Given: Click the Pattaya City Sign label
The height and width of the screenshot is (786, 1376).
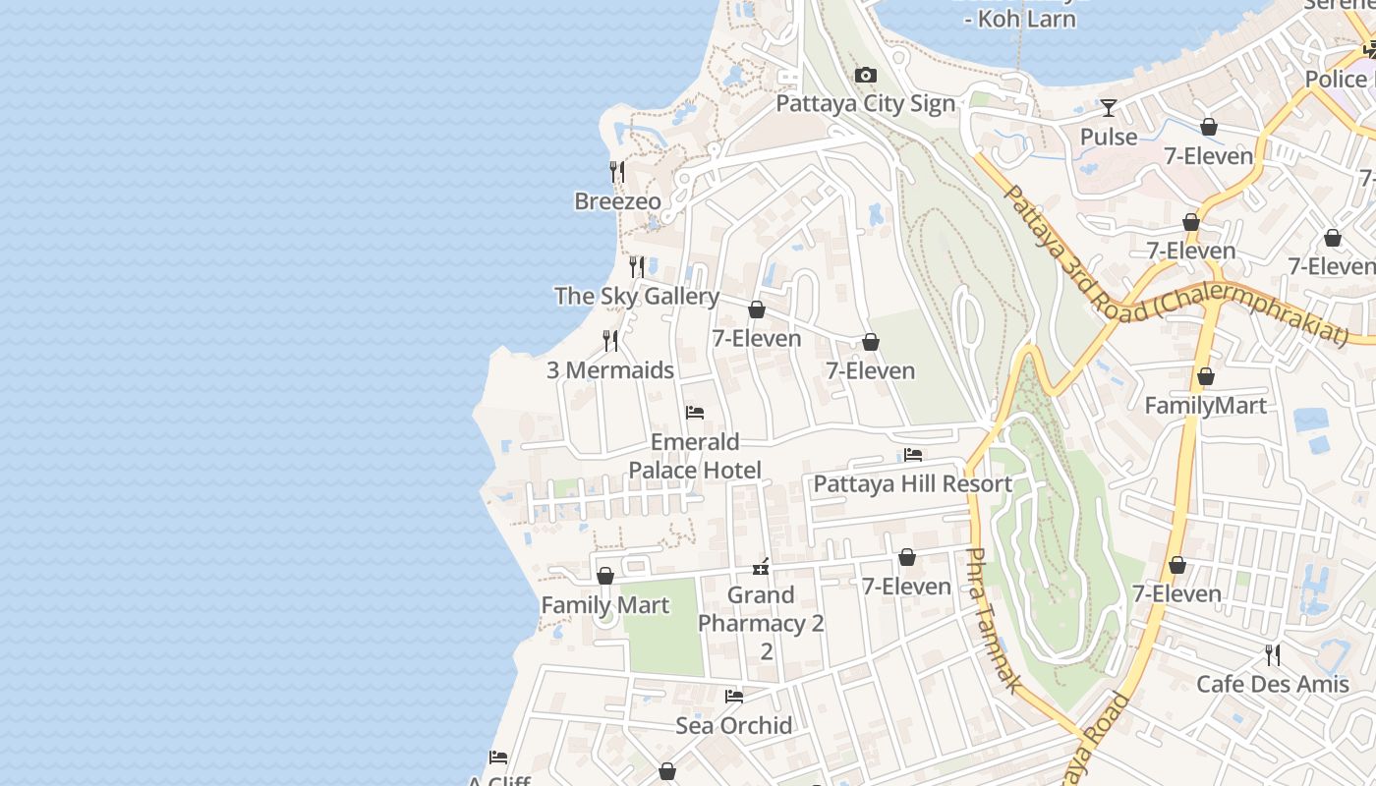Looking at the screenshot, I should [x=865, y=104].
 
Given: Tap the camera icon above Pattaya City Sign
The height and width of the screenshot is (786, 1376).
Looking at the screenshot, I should [x=865, y=76].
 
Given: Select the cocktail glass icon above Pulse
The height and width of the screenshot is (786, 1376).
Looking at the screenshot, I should [x=1109, y=108].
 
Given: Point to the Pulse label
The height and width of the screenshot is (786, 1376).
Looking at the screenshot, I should [x=1109, y=137].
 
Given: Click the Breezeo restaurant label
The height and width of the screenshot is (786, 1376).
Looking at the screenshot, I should [x=617, y=201].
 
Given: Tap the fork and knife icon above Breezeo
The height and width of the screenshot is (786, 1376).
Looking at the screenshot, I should [x=617, y=172].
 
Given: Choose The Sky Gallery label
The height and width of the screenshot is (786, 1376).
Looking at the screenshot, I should [x=637, y=296].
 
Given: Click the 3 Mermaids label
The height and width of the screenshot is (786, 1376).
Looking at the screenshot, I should [x=610, y=370].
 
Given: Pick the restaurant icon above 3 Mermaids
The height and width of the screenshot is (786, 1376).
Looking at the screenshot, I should [x=610, y=341].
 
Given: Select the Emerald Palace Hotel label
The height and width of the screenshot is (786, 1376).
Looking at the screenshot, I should [x=695, y=456].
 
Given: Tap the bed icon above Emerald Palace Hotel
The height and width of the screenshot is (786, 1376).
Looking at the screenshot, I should [x=695, y=413].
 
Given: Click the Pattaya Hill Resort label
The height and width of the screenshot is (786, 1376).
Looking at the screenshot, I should [x=912, y=484].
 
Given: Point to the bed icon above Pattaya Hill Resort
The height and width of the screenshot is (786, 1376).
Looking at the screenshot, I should [x=913, y=455].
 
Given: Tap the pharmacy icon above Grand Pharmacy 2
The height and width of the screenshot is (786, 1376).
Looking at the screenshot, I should [x=761, y=566].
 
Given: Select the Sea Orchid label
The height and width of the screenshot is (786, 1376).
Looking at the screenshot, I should [x=733, y=726].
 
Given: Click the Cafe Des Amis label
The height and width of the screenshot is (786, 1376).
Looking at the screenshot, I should [x=1272, y=684].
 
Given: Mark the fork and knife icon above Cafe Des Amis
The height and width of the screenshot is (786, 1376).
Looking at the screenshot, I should [x=1272, y=654].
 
